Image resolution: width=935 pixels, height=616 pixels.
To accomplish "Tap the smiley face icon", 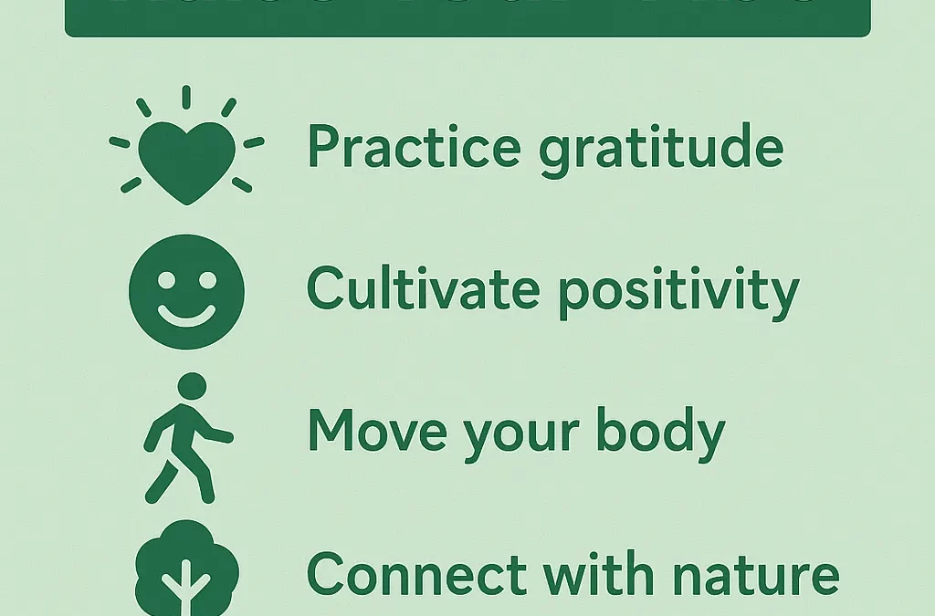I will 187,292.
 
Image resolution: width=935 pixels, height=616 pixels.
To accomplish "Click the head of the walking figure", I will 191,385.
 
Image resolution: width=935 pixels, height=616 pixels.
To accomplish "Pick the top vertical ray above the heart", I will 186,97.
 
